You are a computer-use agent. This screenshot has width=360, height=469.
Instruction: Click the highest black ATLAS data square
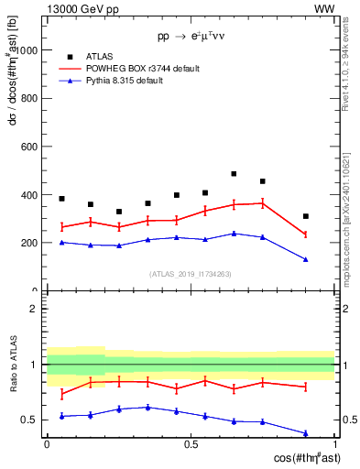234,173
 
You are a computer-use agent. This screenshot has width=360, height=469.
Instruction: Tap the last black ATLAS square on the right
306,216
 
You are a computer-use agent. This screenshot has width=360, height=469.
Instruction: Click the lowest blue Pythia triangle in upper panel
306,260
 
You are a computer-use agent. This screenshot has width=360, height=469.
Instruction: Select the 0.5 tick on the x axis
191,444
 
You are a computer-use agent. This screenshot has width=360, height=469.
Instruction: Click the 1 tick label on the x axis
334,444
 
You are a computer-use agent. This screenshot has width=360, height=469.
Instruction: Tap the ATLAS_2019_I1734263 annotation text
191,273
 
